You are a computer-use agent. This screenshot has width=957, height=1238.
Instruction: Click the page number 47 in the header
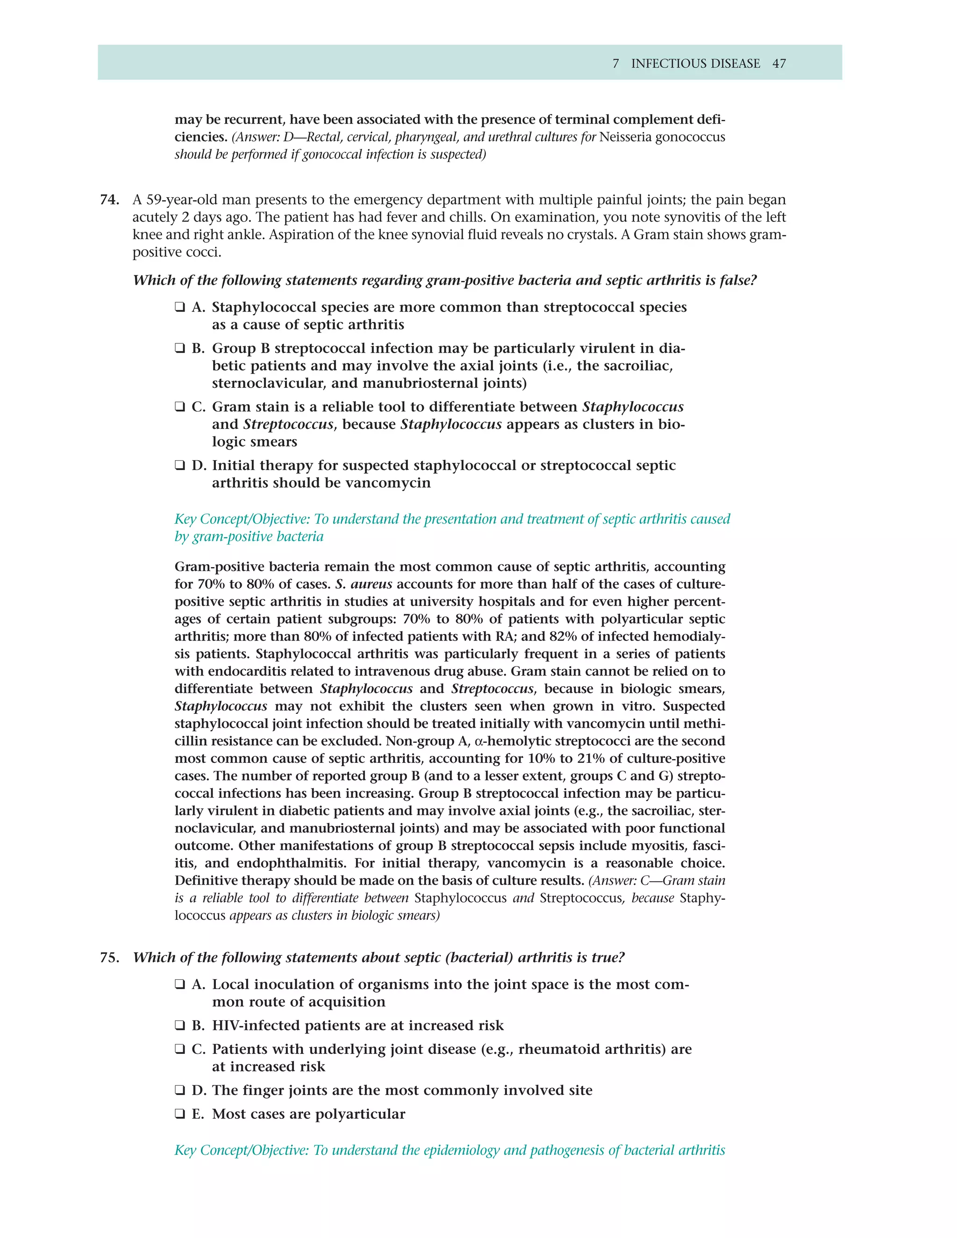tap(778, 64)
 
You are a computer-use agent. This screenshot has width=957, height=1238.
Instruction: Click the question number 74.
tap(109, 200)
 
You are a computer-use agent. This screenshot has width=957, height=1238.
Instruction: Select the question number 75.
tap(109, 957)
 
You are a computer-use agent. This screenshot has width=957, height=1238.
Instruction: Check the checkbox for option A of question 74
tap(180, 307)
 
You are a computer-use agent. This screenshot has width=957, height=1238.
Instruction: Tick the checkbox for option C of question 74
tap(180, 407)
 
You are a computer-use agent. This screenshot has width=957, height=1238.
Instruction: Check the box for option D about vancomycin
tap(180, 465)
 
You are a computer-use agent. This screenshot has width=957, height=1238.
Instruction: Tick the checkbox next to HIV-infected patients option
tap(180, 1025)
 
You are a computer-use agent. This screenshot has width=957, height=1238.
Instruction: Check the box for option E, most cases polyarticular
tap(180, 1114)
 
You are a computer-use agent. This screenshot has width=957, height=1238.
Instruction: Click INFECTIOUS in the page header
tap(661, 64)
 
